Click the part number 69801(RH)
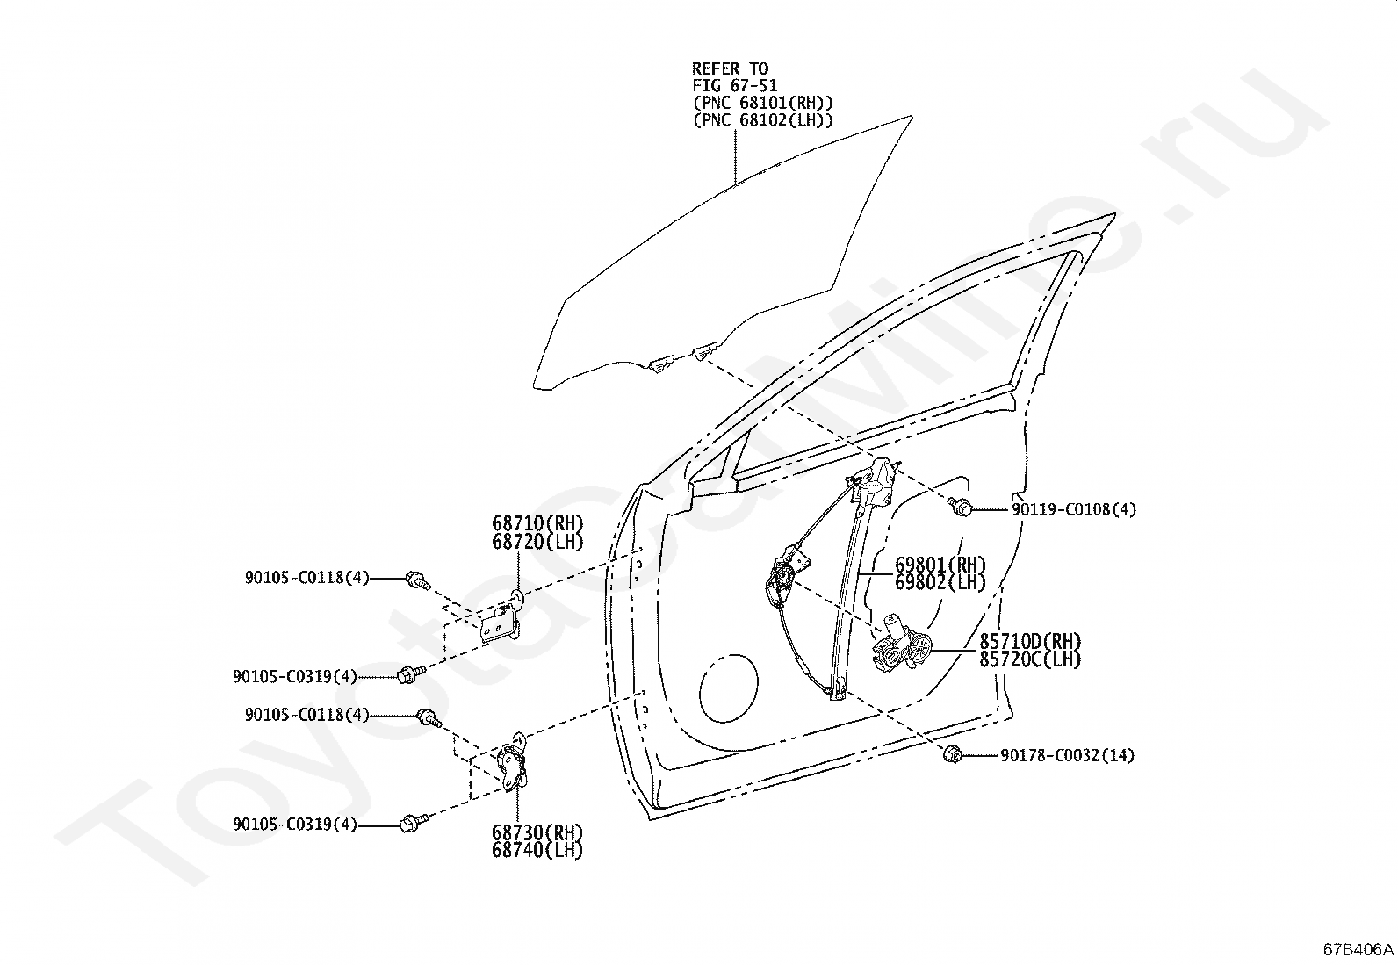940,565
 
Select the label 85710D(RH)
1030,641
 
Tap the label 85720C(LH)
1030,659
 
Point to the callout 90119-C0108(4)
1074,509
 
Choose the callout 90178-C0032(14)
1067,755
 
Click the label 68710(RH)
537,523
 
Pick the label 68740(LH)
537,850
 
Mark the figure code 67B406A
1358,949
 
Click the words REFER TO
731,68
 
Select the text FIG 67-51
735,85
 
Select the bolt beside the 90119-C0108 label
959,506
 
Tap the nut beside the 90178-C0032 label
952,754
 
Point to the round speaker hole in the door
729,688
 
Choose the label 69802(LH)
940,582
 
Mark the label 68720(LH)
537,541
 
